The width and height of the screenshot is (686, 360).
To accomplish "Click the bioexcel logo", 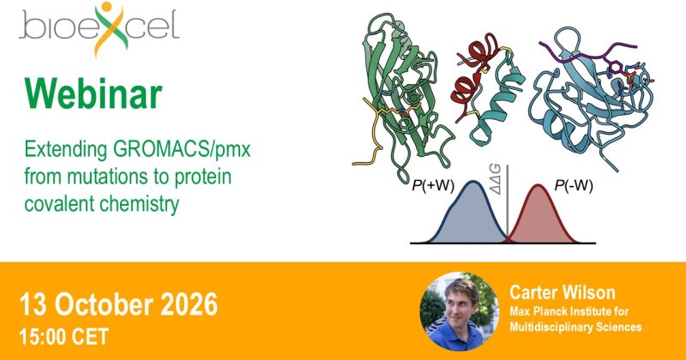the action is point(99,28).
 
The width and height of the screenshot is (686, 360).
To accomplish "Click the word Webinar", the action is point(93,93).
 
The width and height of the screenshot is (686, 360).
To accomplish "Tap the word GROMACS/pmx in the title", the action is point(182,150).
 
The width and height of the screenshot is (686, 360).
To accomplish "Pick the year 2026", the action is point(189,304).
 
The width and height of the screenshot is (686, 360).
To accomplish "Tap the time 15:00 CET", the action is point(63,337).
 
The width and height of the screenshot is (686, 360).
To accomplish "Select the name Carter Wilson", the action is point(563,292).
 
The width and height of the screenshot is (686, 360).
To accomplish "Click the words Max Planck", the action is point(538,311).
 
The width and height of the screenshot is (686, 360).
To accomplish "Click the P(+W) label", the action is point(433,186).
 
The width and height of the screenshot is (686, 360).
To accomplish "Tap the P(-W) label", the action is point(574,186).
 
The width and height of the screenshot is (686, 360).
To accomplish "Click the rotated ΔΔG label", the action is point(496,179).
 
